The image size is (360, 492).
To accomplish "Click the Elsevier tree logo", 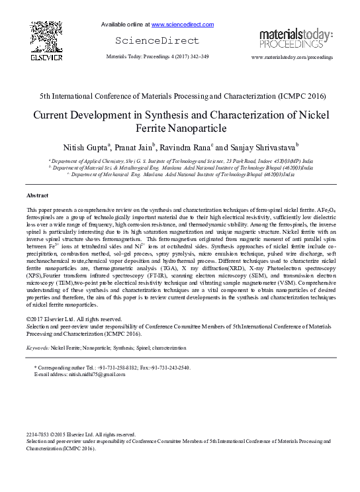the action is click(x=46, y=41).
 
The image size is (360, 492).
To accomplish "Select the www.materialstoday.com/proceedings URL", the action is click(x=292, y=58).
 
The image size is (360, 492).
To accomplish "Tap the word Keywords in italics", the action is click(x=37, y=347).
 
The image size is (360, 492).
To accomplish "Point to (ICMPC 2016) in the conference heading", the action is click(x=287, y=95).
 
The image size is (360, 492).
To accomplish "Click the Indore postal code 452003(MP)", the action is click(x=294, y=161).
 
